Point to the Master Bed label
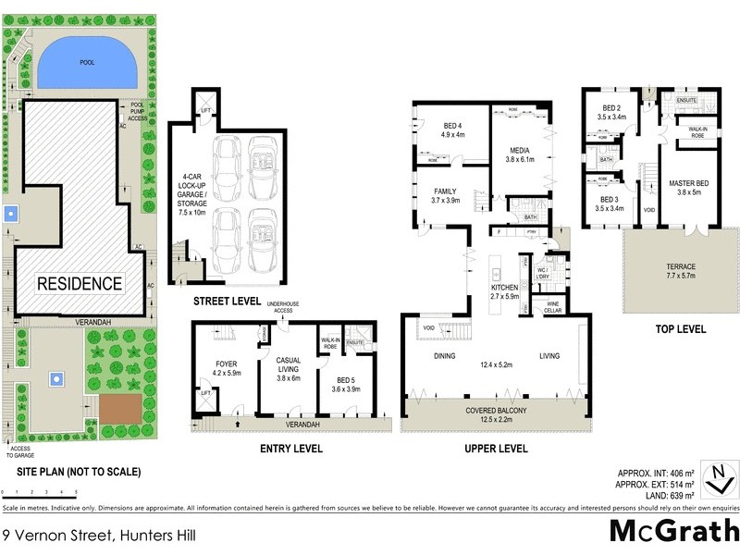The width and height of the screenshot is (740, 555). click(x=685, y=188)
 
